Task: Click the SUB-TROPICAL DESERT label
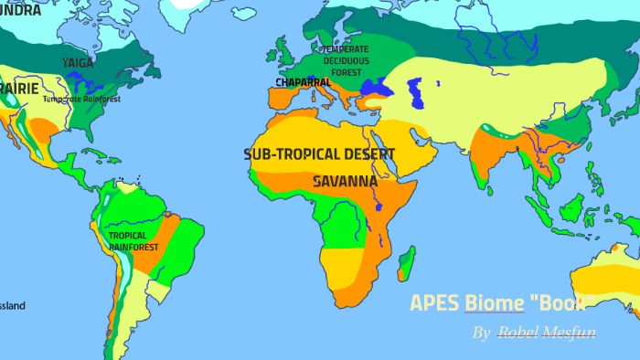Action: (319, 154)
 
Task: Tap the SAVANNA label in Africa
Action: (345, 181)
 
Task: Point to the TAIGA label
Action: (78, 62)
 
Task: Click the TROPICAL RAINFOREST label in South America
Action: (133, 240)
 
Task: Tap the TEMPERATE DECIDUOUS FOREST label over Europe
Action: (347, 60)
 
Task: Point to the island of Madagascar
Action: (407, 263)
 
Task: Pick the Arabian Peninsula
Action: (402, 151)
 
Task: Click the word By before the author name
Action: (481, 333)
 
